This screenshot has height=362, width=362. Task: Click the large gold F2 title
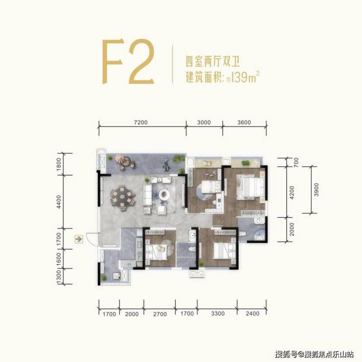[x=128, y=62]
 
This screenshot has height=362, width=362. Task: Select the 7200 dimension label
[x=140, y=122]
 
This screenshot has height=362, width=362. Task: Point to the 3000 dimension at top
[x=204, y=122]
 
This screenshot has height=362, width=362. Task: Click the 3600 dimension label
[x=244, y=122]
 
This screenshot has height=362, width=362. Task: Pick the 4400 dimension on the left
[x=59, y=202]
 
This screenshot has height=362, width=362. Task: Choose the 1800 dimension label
[x=59, y=164]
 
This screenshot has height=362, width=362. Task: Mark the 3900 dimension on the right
[x=317, y=190]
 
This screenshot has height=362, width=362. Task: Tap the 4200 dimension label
[x=292, y=193]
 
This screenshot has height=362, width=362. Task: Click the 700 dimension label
[x=296, y=162]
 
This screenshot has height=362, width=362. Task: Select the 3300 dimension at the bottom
[x=218, y=314]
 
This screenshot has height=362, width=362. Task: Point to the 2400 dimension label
[x=252, y=314]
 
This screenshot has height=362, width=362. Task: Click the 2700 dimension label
[x=160, y=314]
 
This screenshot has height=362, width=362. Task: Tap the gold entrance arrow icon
[x=79, y=239]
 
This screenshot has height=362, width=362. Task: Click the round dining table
[x=122, y=198]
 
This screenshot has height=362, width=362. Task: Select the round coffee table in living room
[x=164, y=194]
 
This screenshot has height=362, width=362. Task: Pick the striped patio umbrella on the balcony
[x=120, y=159]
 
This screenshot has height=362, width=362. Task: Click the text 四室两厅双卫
[x=213, y=61]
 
